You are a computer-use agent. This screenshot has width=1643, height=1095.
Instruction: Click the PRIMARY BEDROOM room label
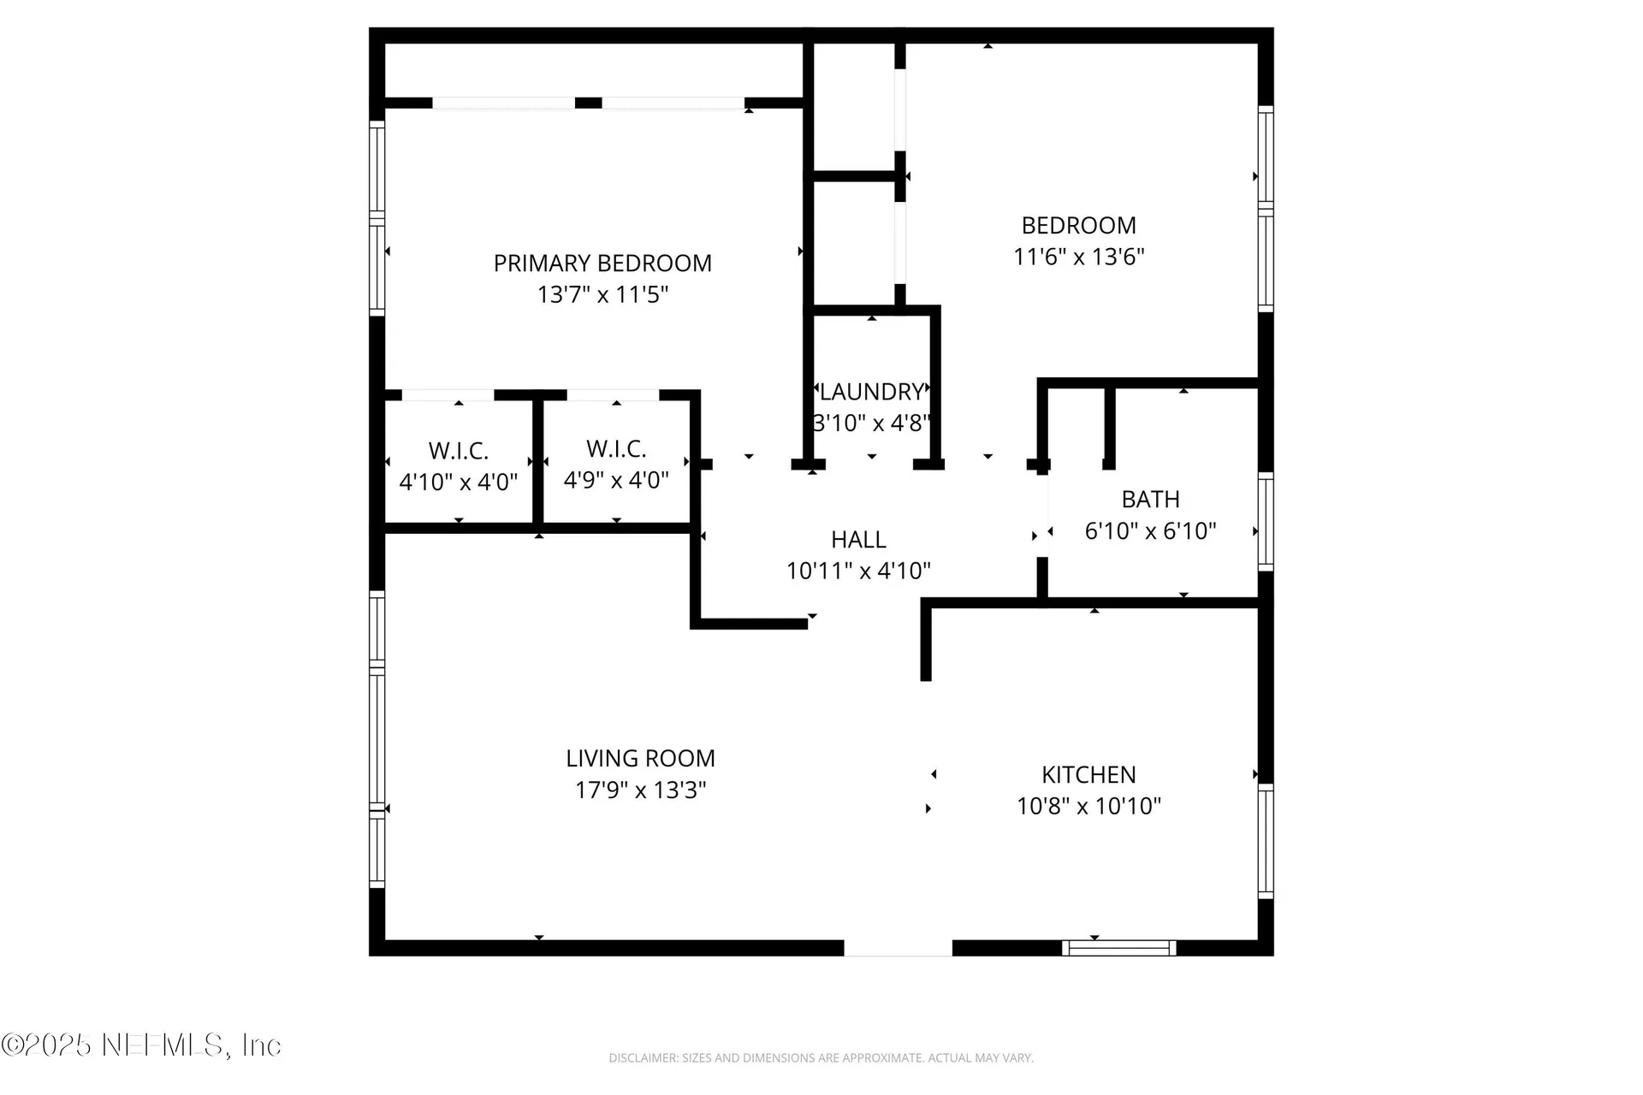click(x=602, y=263)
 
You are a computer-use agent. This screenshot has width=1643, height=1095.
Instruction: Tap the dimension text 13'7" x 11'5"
click(x=602, y=295)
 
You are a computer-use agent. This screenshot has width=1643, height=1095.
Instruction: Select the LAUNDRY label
click(x=871, y=392)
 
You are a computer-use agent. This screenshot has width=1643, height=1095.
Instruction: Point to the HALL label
click(x=858, y=540)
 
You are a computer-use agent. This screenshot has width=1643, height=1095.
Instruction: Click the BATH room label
click(x=1150, y=500)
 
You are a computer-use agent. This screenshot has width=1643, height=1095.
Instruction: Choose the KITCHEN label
click(x=1088, y=775)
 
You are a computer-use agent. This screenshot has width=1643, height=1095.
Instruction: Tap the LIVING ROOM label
click(x=640, y=759)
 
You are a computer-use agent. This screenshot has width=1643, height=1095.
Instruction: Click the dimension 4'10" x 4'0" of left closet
click(x=459, y=482)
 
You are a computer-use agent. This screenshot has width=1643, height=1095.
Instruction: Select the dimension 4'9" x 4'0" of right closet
click(x=616, y=481)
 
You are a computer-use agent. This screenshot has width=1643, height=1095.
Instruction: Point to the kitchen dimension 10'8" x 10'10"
click(x=1088, y=807)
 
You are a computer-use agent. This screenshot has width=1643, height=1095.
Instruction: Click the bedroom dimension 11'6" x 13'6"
click(x=1079, y=257)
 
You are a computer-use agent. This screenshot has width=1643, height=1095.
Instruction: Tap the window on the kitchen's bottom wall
click(x=1119, y=948)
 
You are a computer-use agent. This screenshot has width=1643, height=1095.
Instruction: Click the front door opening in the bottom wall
click(x=898, y=948)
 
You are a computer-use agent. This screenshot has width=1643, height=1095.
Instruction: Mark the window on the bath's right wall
click(x=1266, y=521)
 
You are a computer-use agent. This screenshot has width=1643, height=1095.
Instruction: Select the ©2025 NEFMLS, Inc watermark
click(x=141, y=1045)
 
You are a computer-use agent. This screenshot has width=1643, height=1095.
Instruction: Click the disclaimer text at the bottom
click(x=821, y=1058)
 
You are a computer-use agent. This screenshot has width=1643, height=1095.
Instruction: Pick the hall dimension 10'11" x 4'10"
click(x=858, y=571)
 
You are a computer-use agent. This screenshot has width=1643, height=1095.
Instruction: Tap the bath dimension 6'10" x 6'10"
click(x=1150, y=531)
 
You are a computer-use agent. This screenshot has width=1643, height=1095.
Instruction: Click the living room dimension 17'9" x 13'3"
click(x=640, y=790)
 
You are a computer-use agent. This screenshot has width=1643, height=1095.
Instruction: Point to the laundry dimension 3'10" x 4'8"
click(x=871, y=423)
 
